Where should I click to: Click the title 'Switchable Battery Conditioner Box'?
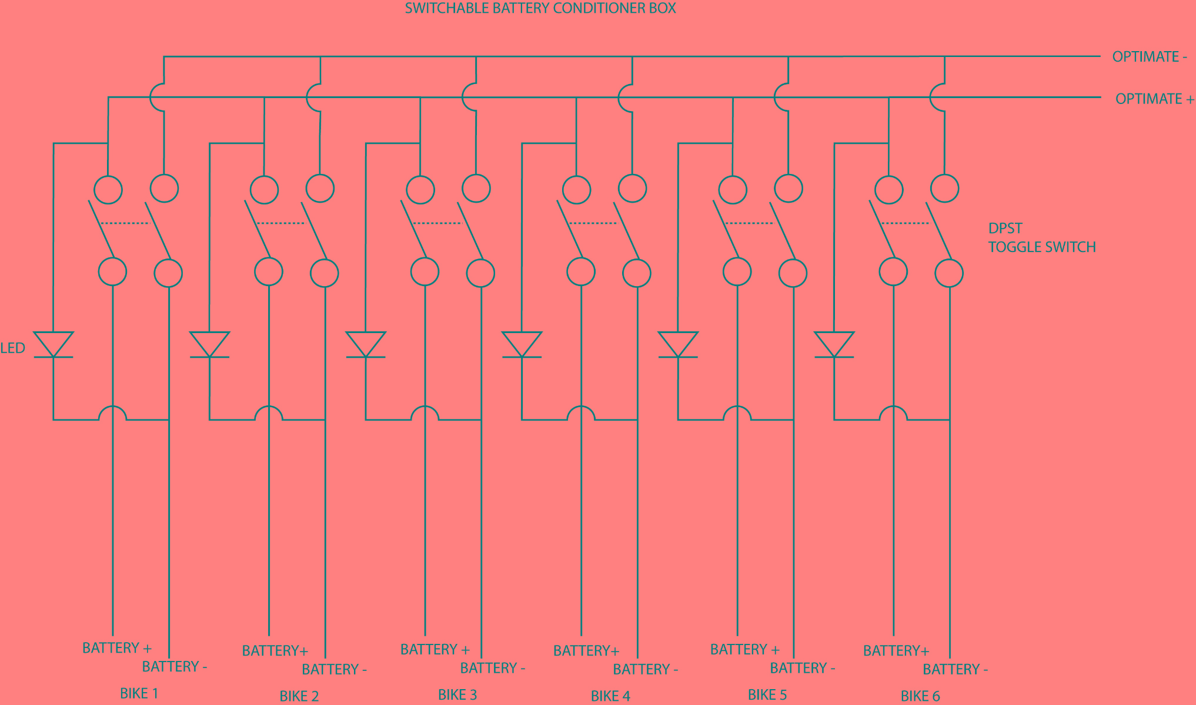[x=540, y=8]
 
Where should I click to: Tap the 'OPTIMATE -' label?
[x=1150, y=57]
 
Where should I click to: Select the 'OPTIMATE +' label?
[x=1155, y=99]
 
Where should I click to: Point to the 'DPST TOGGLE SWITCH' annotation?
[x=1042, y=237]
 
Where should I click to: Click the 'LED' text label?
[x=12, y=348]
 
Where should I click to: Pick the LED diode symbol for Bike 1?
[x=54, y=345]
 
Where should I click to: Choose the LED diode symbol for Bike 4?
[x=522, y=345]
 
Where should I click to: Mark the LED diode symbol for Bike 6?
[x=834, y=345]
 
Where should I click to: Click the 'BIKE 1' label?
[x=139, y=693]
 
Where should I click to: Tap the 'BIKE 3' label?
[x=457, y=694]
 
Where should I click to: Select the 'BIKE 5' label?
[x=767, y=694]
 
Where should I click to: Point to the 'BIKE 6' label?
[x=920, y=696]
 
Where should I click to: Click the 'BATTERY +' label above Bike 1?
[x=117, y=648]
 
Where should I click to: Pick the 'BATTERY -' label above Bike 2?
[x=335, y=669]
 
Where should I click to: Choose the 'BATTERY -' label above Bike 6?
[x=956, y=669]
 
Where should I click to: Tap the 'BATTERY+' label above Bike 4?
[x=587, y=650]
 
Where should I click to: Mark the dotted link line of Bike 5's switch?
[x=750, y=223]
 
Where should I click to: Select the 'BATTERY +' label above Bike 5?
[x=745, y=649]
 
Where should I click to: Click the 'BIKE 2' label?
[x=299, y=696]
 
